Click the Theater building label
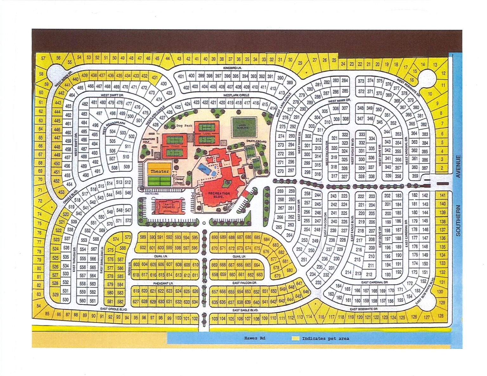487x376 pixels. coord(159,171)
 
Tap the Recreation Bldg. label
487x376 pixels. coord(219,195)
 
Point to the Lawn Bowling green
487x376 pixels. coord(244,127)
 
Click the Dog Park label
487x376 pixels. coord(184,126)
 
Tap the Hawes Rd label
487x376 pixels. coord(255,338)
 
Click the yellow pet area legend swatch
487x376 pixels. coord(295,338)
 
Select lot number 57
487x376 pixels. coord(43,58)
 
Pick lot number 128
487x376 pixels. coord(440,315)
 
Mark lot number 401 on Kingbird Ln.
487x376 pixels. coord(181,76)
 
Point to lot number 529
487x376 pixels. coord(55,294)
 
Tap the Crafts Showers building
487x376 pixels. coord(168,206)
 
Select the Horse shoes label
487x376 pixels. coord(179,181)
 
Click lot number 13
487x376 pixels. coord(435,65)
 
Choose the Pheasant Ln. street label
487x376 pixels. coord(162,283)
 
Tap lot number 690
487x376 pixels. coord(215,237)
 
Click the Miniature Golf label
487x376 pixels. coord(148,140)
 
